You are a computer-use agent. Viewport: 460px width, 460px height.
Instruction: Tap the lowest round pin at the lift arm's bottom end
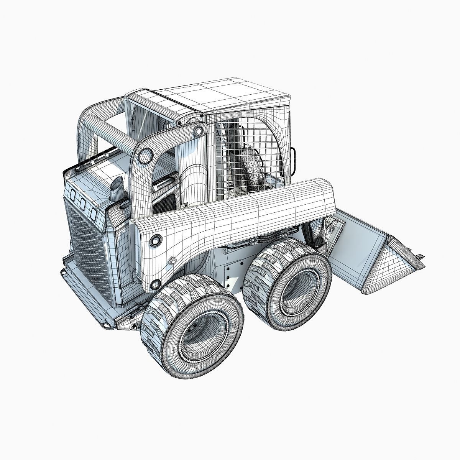point(155,284)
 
